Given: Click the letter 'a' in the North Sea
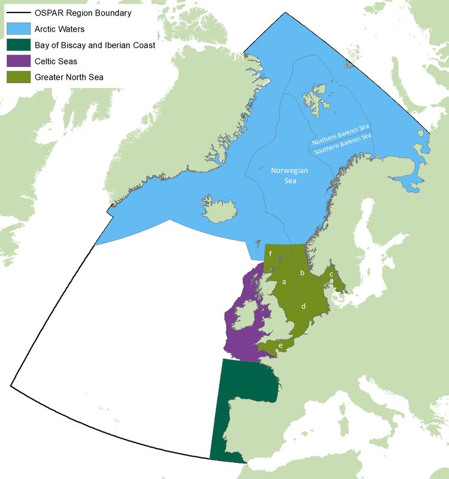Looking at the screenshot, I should (284, 281).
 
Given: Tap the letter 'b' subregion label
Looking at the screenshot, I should (302, 273).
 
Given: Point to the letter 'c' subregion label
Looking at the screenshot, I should (331, 274).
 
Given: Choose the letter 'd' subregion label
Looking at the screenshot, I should (304, 306).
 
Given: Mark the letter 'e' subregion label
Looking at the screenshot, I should (280, 345).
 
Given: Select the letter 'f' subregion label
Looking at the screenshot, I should (271, 254).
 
